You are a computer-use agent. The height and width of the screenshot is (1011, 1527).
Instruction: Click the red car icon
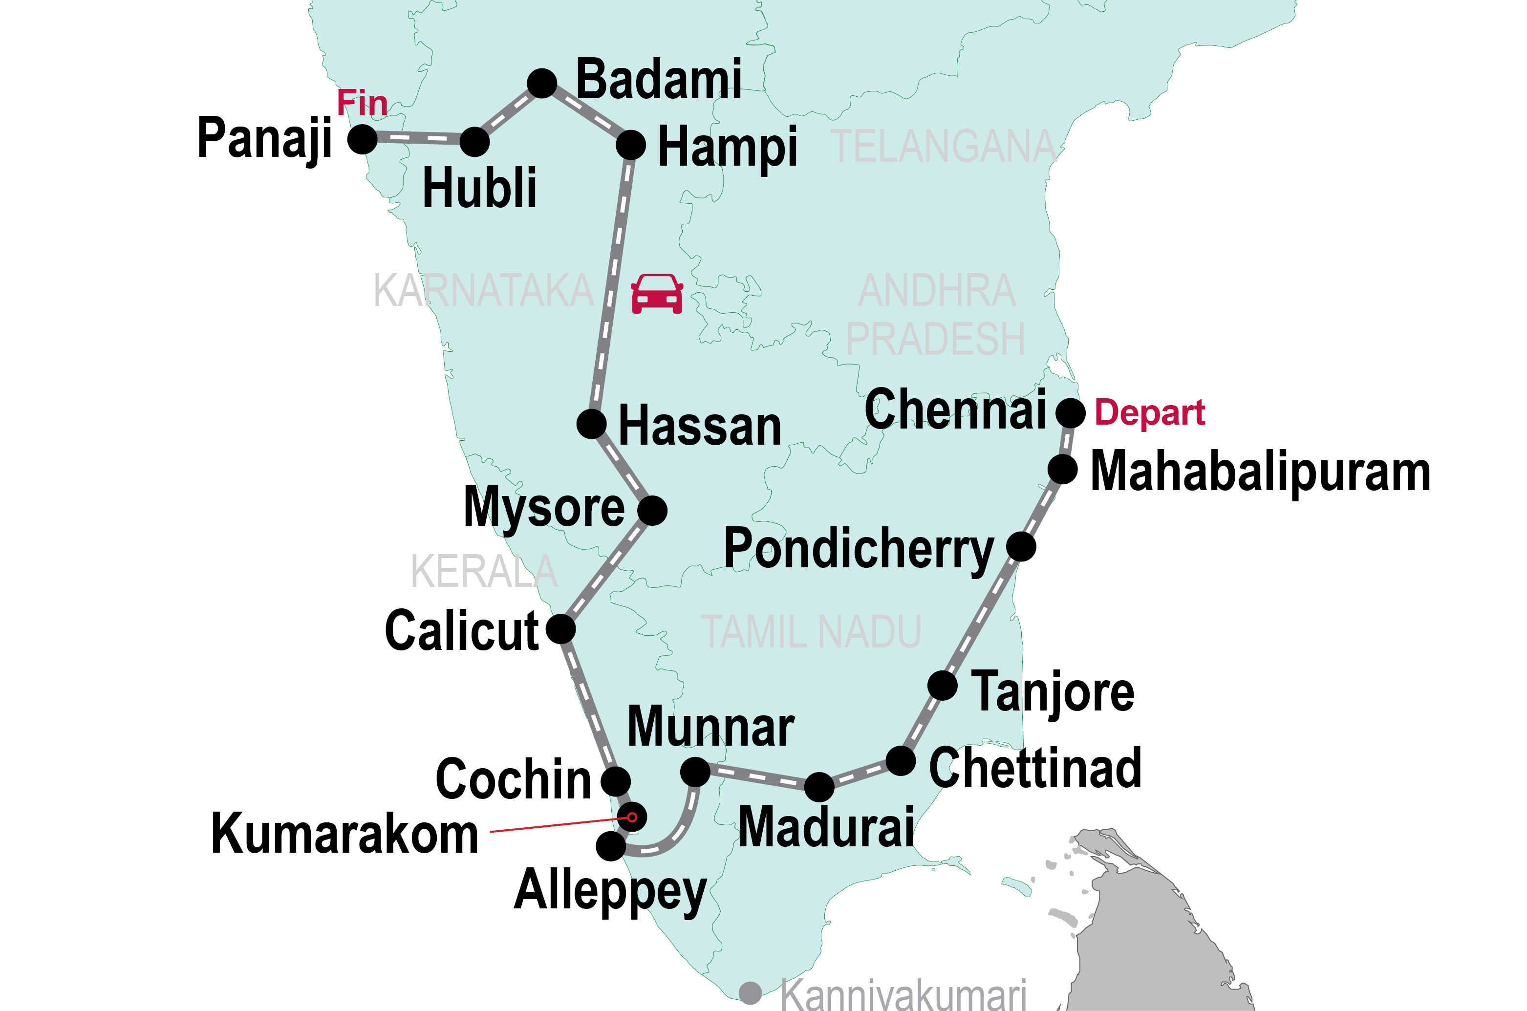[x=657, y=294]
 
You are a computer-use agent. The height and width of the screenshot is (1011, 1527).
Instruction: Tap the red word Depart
[x=1149, y=412]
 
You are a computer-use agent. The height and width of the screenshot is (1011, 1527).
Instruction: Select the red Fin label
[x=362, y=103]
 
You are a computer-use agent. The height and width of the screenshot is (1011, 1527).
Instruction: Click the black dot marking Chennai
[x=1071, y=412]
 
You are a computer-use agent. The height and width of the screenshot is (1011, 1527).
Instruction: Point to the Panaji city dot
[x=362, y=139]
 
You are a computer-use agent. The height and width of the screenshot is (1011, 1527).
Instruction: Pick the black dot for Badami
[x=542, y=83]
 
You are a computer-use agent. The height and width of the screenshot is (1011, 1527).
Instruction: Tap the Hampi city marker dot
[x=630, y=145]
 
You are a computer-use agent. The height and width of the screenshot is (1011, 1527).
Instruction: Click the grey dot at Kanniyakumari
[x=750, y=993]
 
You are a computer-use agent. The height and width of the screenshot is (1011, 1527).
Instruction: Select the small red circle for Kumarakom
[x=632, y=817]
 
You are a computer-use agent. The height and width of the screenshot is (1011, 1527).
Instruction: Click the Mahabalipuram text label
[x=1260, y=472]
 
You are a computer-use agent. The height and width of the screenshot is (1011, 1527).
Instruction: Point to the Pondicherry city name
[x=859, y=549]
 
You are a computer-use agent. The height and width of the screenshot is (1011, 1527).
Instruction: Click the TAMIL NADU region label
[x=811, y=632]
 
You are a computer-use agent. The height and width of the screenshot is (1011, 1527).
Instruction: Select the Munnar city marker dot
[x=695, y=771]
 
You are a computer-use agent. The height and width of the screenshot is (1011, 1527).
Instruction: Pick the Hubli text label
[x=479, y=188]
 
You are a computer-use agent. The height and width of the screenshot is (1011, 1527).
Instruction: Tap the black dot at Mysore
[x=652, y=511]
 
